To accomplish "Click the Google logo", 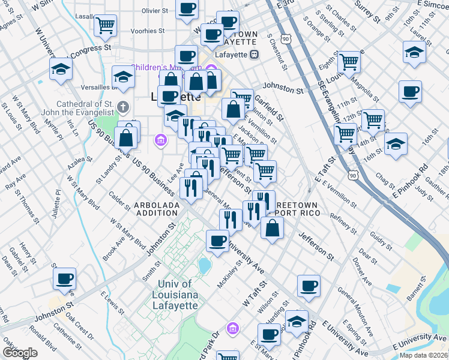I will (20, 353).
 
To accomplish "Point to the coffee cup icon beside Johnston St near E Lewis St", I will (65, 278).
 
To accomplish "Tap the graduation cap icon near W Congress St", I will (61, 69).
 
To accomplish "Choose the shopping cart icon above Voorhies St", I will (105, 25).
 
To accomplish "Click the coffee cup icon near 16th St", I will (410, 92).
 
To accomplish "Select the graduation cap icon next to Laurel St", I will (414, 52).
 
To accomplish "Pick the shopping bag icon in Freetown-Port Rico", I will (272, 227).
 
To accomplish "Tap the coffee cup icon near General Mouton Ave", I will (309, 286).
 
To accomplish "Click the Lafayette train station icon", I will (255, 55).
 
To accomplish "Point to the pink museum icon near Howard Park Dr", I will (232, 328).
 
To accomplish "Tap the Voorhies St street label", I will (147, 30).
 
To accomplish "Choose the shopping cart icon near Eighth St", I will (348, 61).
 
